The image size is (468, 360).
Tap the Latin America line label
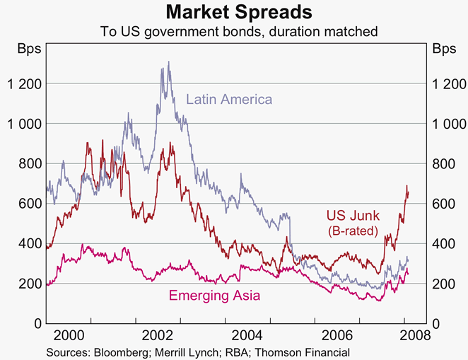(x=229, y=100)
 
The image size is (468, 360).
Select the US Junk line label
(x=352, y=216)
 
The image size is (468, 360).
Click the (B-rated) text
(x=353, y=231)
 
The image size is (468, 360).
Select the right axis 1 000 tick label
(x=445, y=124)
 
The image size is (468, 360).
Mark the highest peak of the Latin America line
(x=168, y=62)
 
